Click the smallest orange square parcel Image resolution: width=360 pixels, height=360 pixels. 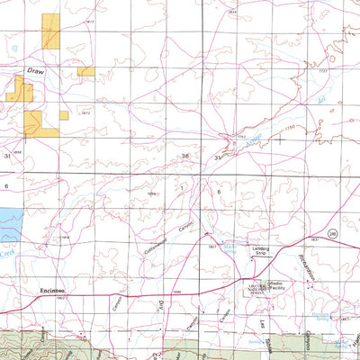pyautogui.click(x=64, y=114)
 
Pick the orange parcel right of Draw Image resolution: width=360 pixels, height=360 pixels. pyautogui.click(x=85, y=71)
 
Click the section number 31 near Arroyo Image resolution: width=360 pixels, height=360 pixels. pyautogui.click(x=217, y=157)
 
